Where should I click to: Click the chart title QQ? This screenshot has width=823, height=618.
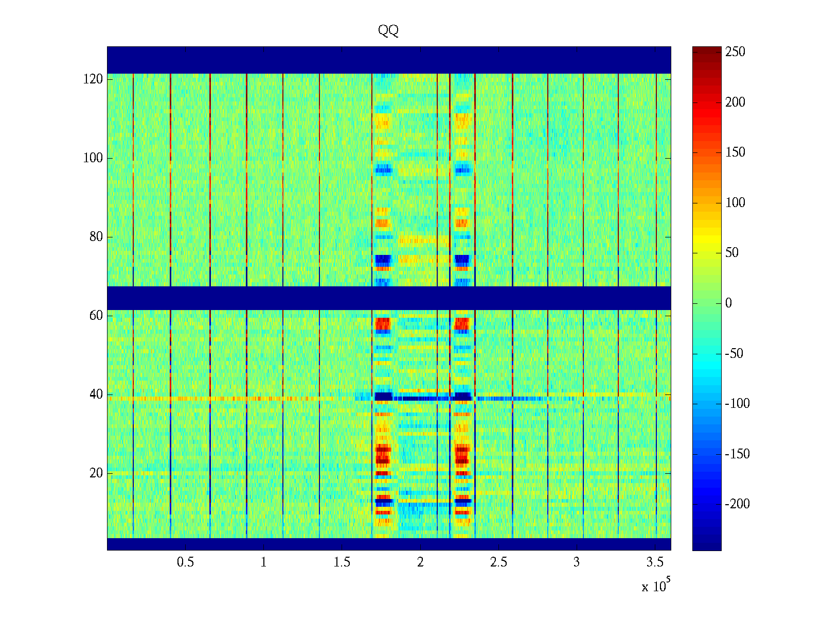388,31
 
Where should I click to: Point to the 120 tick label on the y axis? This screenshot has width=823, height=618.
93,79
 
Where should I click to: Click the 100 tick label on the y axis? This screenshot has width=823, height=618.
93,158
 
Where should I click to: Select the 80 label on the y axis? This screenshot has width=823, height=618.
96,237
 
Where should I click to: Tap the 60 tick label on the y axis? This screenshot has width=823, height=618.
96,316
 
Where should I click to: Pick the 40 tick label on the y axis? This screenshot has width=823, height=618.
96,394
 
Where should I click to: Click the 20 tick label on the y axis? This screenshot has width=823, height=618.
96,473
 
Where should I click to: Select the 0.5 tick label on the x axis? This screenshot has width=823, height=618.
185,562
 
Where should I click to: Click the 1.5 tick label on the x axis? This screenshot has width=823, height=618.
342,562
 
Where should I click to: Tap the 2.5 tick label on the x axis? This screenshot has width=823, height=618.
498,562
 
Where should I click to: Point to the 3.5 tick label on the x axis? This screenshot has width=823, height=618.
655,562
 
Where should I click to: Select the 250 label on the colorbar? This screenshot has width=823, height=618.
735,52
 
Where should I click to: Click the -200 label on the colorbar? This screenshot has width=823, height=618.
737,504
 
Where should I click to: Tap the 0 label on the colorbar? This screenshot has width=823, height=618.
728,303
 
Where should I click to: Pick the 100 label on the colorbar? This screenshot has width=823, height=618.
735,203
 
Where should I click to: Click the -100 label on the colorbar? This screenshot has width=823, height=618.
737,404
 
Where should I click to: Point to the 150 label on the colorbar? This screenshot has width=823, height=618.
735,152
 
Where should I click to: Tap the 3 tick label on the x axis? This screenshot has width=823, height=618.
577,562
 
